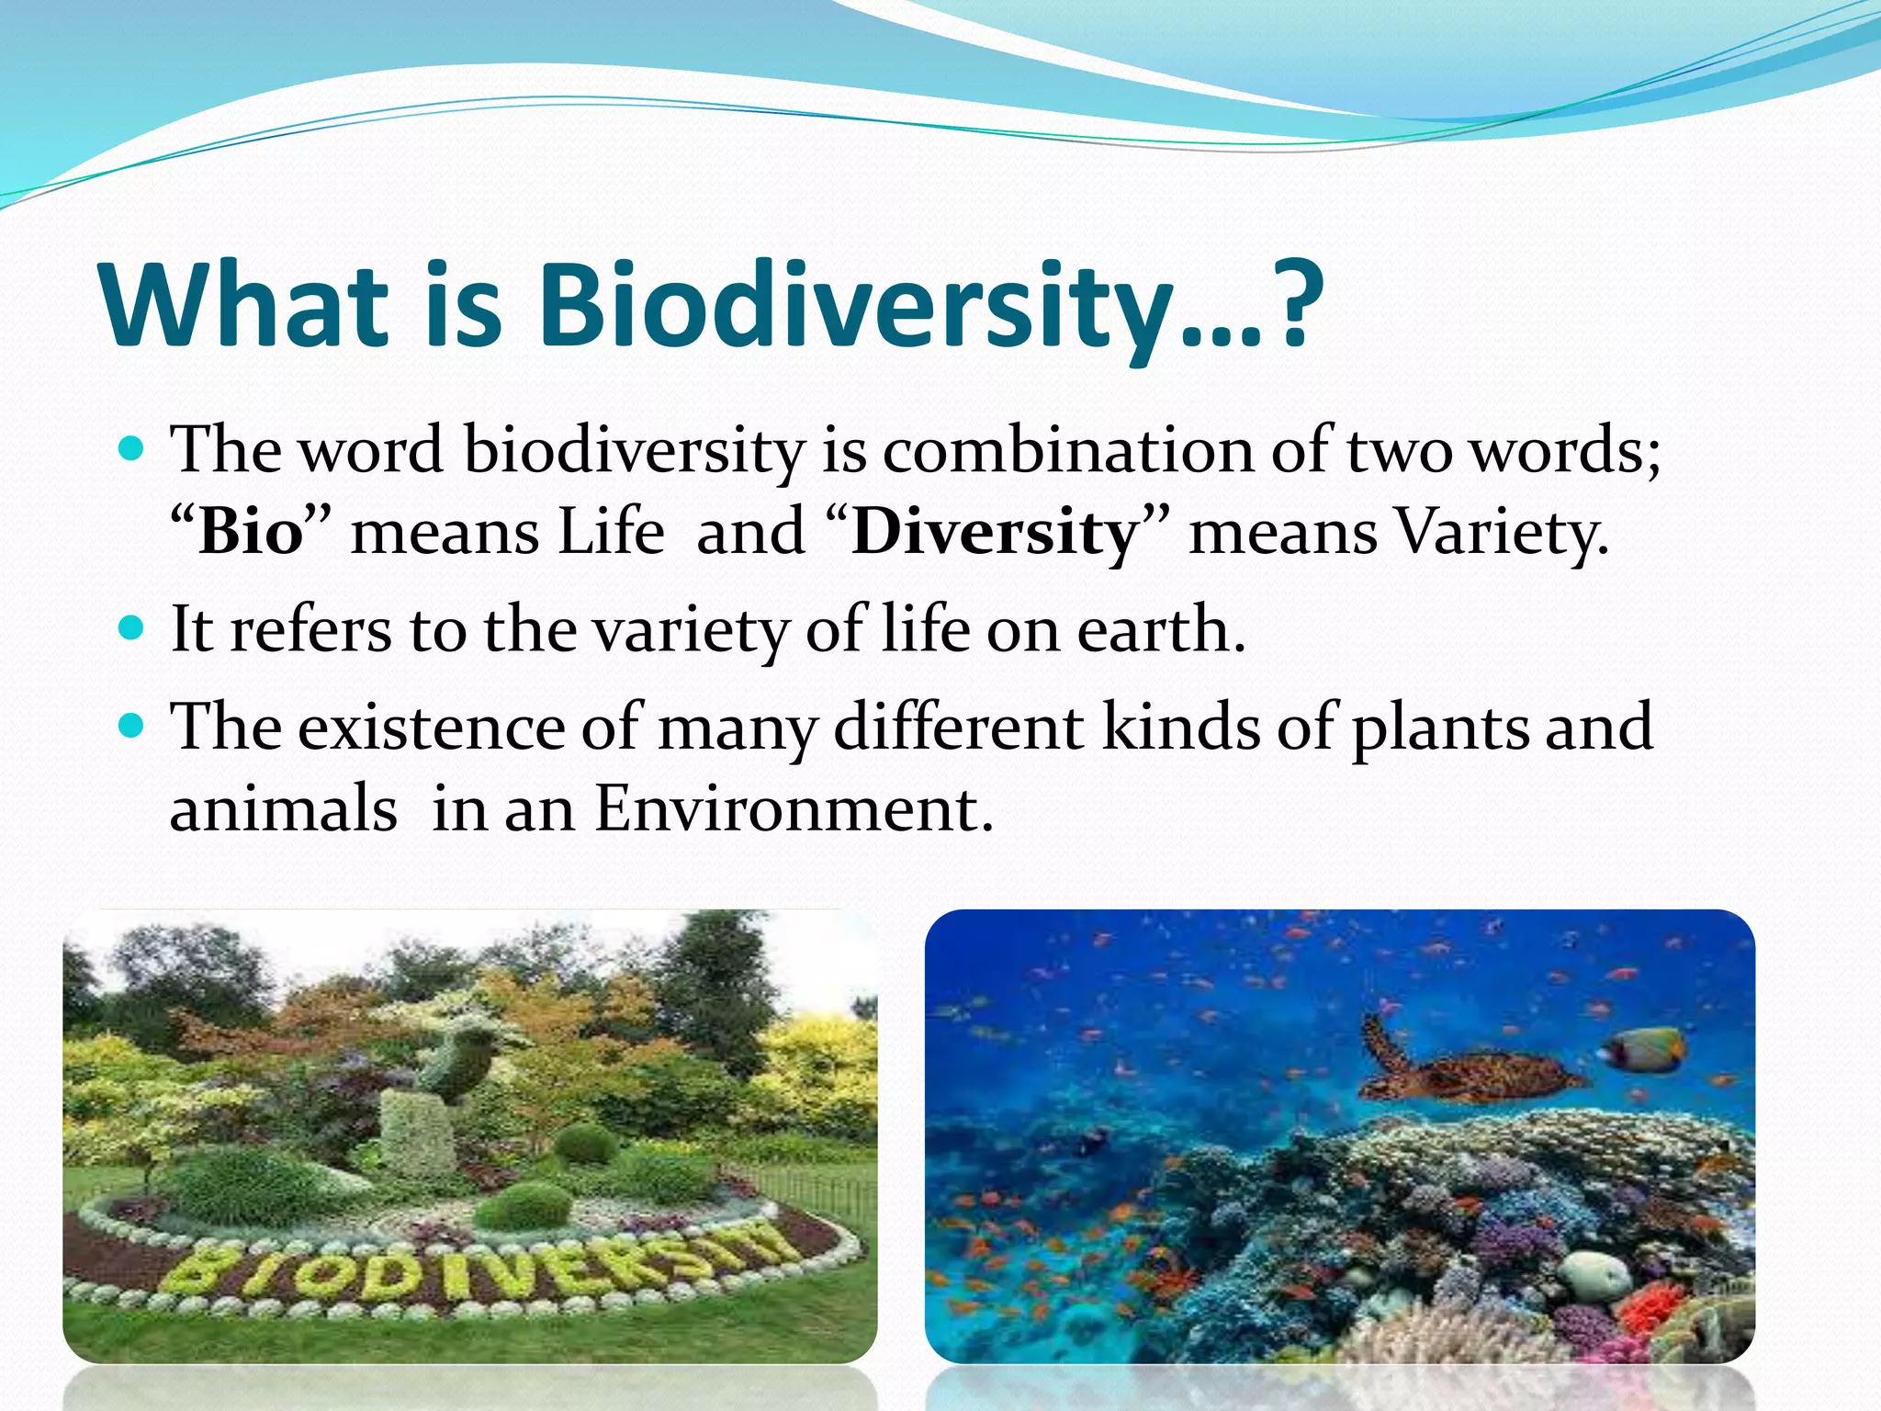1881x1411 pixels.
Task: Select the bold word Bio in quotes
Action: [x=251, y=533]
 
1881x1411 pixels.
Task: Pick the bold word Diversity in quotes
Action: [x=995, y=533]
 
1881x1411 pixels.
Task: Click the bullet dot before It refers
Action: [x=132, y=629]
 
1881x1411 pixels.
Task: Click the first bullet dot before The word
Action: [x=132, y=450]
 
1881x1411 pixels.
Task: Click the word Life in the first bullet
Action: [x=612, y=533]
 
